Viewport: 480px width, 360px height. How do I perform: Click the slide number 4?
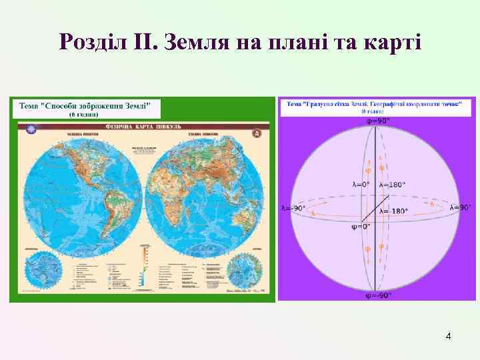(x=449, y=337)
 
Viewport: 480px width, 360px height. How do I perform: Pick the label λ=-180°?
(x=393, y=211)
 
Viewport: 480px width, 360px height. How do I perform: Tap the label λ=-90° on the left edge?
(x=294, y=208)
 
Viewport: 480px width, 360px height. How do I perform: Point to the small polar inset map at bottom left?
(x=39, y=270)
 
